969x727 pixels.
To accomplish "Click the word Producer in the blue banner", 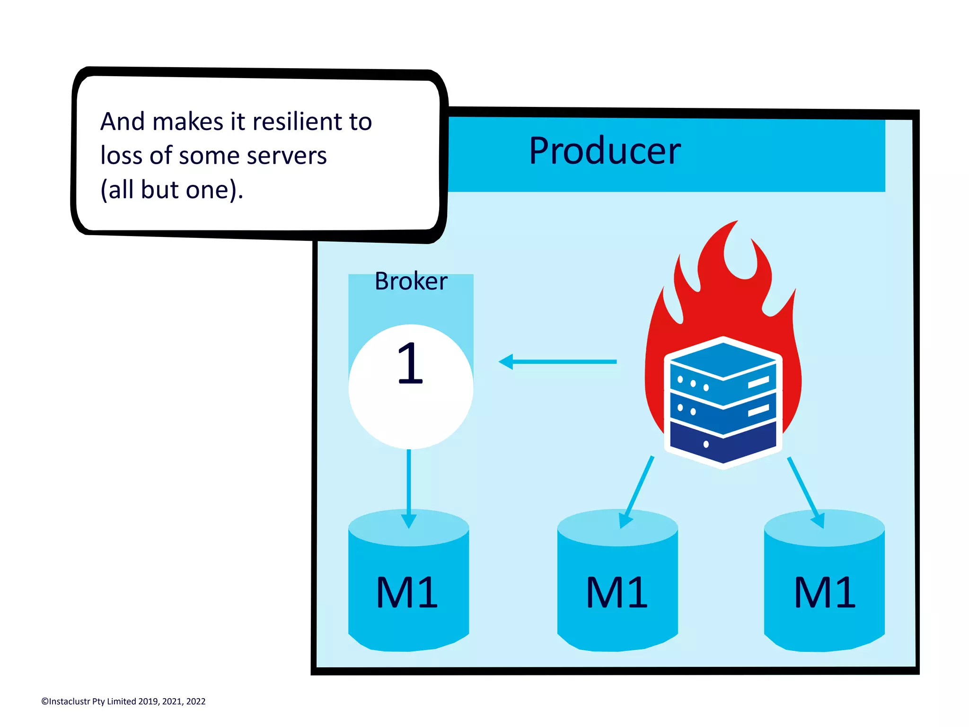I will pos(604,151).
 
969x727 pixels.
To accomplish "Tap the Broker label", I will pos(411,281).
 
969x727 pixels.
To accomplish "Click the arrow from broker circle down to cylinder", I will pos(409,487).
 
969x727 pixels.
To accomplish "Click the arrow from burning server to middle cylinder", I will pos(637,492).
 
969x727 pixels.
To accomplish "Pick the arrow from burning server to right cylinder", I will pos(806,492).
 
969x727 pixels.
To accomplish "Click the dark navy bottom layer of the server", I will pos(722,442).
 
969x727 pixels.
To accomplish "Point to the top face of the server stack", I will pos(723,359).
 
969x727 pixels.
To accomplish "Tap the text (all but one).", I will pos(172,190).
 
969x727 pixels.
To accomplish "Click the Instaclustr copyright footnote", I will pos(123,701).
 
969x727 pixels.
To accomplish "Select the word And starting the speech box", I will pos(122,122).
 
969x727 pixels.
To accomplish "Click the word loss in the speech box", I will pos(121,156).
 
